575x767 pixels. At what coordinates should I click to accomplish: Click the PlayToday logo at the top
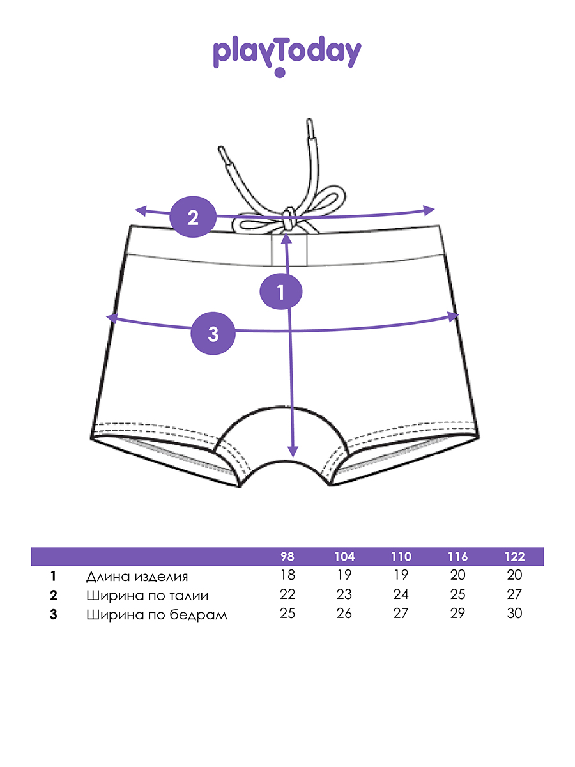(287, 55)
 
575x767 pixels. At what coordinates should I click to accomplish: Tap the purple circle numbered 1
(280, 293)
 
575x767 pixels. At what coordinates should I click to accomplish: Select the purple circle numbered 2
(192, 217)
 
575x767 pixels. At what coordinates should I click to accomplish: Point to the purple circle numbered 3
(213, 332)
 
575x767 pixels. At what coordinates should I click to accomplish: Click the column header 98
(287, 556)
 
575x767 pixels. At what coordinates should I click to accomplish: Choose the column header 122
(514, 556)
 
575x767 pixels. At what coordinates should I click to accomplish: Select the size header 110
(401, 556)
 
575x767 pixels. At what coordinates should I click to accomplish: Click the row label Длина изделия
(137, 576)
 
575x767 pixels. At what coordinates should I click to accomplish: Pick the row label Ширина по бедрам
(157, 615)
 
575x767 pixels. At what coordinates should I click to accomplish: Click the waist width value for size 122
(514, 594)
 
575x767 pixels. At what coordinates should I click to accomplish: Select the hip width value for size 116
(458, 614)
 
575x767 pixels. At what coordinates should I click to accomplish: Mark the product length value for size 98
(287, 575)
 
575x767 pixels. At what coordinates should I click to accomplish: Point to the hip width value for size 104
(344, 614)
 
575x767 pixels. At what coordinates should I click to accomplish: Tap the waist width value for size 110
(401, 594)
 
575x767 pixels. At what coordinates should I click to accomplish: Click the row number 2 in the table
(54, 596)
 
